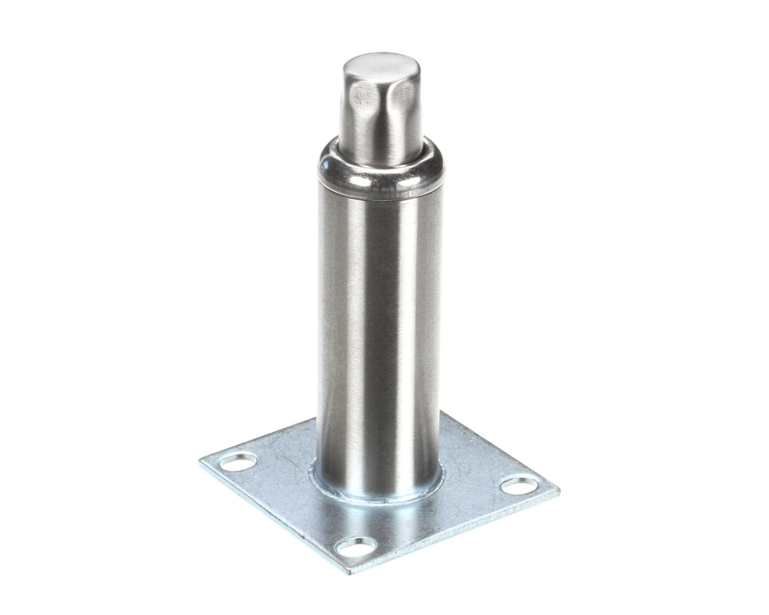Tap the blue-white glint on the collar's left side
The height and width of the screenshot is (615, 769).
coord(328,161)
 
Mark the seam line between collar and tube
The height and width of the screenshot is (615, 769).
coord(379,199)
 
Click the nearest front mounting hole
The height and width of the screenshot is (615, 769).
coord(355,547)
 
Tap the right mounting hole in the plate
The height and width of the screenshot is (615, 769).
coord(519,485)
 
